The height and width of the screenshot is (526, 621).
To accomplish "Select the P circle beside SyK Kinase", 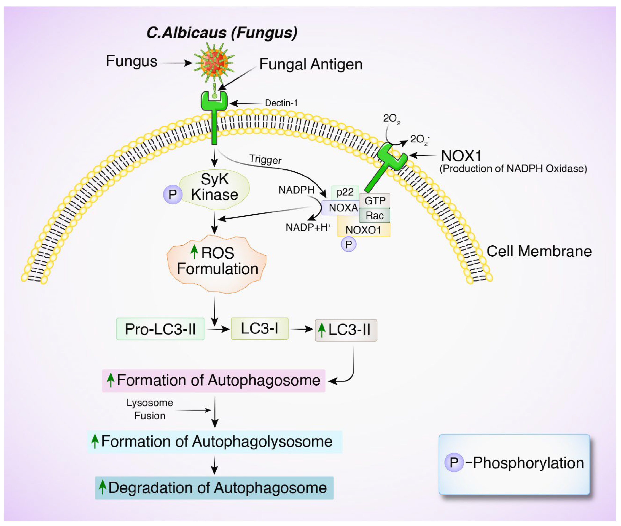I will (172, 194).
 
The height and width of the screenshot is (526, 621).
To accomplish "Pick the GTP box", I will (375, 201).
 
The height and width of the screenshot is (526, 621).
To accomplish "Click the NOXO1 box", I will (363, 230).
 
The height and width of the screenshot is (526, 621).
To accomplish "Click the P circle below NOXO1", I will (348, 244).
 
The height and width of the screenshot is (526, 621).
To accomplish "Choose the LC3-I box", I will (259, 329).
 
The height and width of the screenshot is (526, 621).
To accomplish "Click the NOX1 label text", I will (461, 156).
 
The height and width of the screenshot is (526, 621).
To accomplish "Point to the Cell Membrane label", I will (539, 251).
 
